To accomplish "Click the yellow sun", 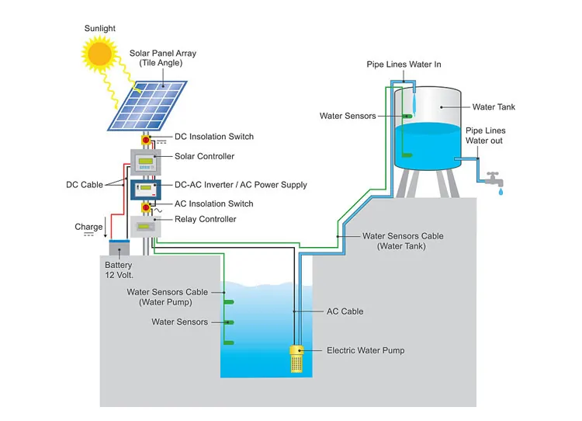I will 99,54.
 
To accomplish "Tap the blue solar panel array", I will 147,105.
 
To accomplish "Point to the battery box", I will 119,249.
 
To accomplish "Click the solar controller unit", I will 145,160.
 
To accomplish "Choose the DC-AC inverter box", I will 145,189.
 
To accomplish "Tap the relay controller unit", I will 144,227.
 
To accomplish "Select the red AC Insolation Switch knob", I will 145,207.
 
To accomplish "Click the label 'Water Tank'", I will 494,107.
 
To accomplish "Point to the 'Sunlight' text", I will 100,29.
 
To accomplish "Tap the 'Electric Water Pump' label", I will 365,350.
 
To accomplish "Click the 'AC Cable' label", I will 345,311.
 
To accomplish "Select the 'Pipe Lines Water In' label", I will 404,64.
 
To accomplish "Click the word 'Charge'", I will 88,227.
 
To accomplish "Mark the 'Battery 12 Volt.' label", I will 119,270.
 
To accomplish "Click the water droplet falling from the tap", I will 500,190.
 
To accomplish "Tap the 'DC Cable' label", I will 83,185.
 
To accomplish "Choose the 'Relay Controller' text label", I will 206,219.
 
